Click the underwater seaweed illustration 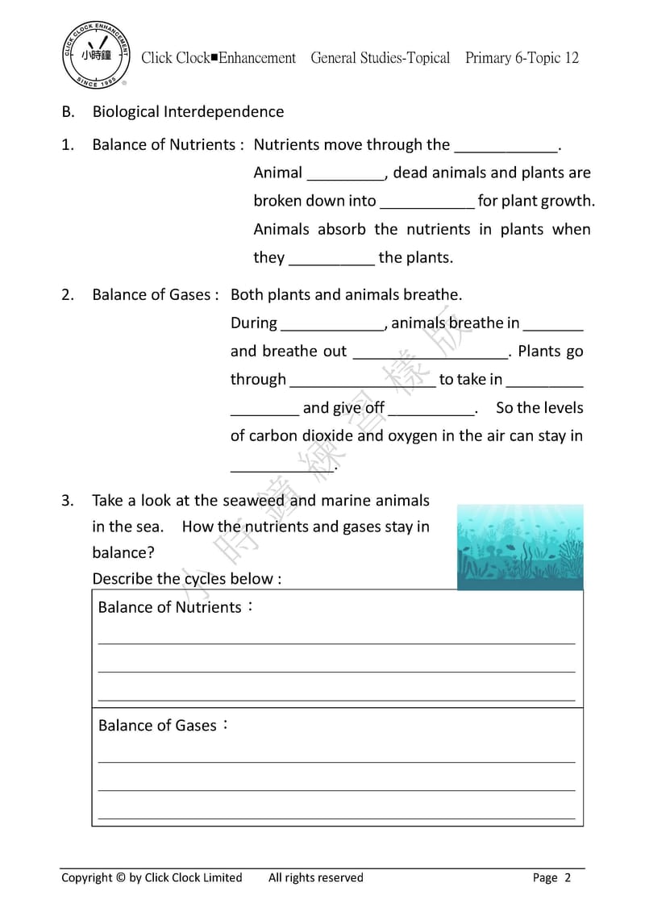[x=520, y=548]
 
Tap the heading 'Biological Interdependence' [x=188, y=111]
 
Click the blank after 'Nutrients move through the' [x=506, y=146]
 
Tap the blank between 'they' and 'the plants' [x=331, y=259]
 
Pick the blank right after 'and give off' [x=431, y=409]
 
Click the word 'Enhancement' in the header [x=258, y=58]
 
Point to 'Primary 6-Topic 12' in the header [x=522, y=58]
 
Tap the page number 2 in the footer [x=568, y=878]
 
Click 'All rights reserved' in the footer [x=316, y=877]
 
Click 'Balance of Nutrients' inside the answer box [x=170, y=607]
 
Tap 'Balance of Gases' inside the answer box [x=158, y=726]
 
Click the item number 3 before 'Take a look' [x=68, y=500]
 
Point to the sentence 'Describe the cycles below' [x=187, y=579]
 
